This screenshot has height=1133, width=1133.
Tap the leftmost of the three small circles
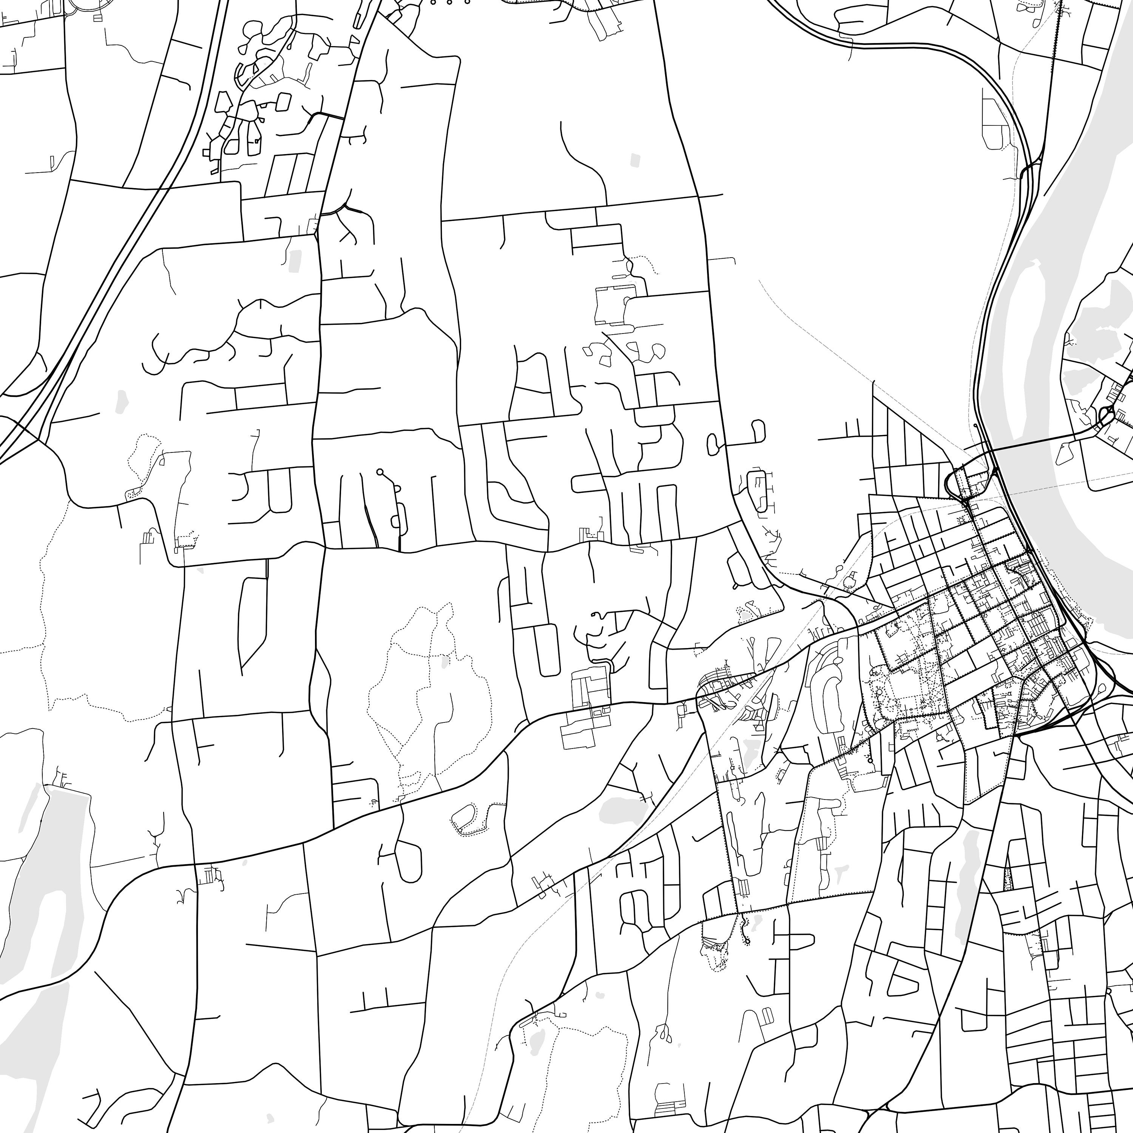click(434, 2)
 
